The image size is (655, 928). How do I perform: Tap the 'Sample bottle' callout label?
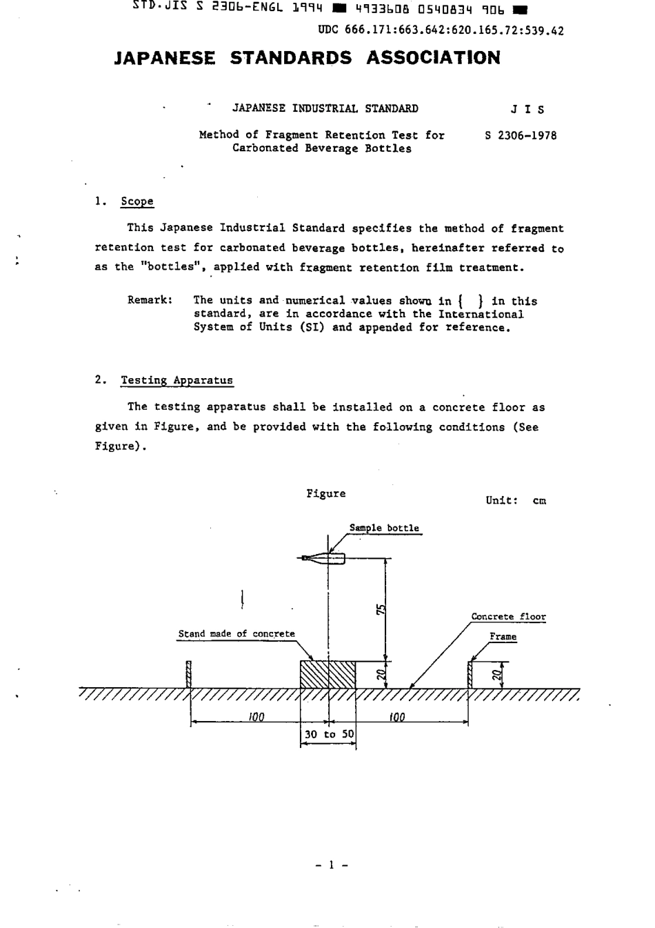(x=384, y=529)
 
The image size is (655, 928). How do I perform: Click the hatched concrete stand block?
(x=328, y=674)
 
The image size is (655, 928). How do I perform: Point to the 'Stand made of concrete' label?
(x=236, y=634)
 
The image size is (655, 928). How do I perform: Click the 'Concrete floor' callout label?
(x=508, y=618)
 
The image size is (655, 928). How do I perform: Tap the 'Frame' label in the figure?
(x=503, y=637)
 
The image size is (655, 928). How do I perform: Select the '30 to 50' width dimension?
(x=329, y=734)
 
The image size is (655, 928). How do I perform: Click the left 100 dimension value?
(x=256, y=718)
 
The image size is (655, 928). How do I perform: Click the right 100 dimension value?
(x=396, y=718)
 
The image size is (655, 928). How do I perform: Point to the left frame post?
(x=189, y=675)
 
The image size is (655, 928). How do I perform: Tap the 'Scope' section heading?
(x=137, y=201)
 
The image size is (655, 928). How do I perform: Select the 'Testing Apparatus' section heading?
(x=177, y=380)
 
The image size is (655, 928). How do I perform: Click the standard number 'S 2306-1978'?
(x=521, y=136)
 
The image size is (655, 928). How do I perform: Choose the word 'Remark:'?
(x=150, y=301)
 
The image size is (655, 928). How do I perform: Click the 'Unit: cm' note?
(x=516, y=501)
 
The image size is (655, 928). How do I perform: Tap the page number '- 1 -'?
(x=331, y=865)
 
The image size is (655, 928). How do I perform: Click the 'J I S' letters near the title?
(x=527, y=109)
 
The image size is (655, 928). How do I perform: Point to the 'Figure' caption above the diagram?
(x=326, y=494)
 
